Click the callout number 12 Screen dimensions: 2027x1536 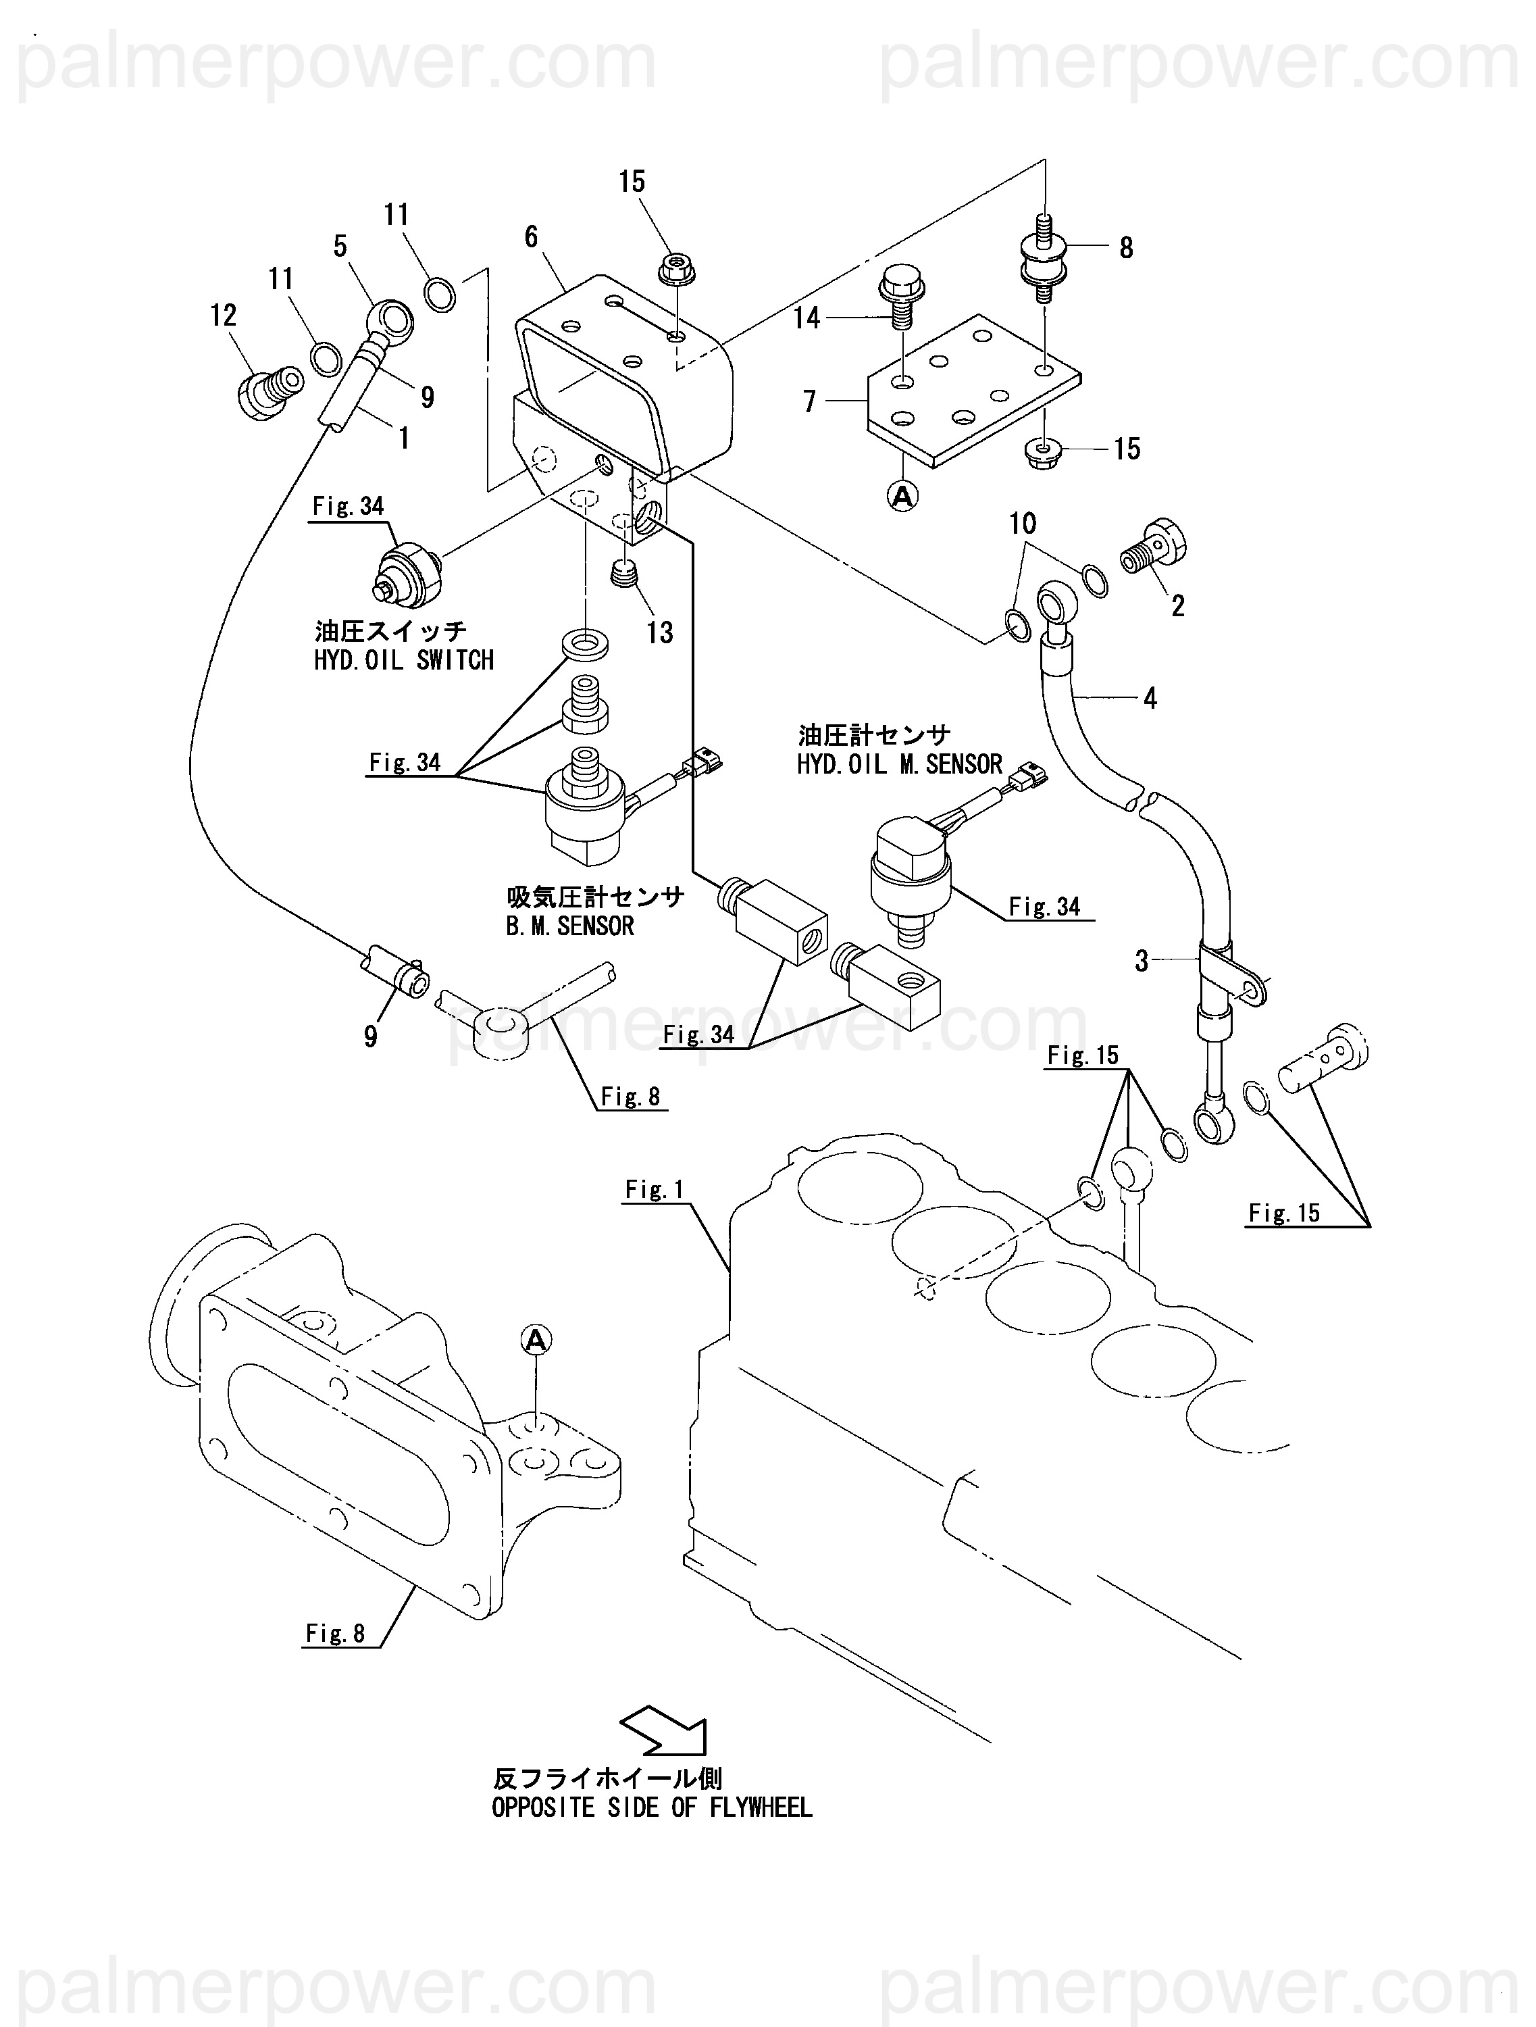coord(224,316)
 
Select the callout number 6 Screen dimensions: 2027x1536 coord(531,237)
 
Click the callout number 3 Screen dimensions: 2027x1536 coord(1142,961)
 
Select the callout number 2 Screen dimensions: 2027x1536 coord(1178,605)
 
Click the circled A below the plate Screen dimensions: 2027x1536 coord(903,496)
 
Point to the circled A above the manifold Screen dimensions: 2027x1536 coord(536,1341)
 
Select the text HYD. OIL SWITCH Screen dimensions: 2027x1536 coord(404,659)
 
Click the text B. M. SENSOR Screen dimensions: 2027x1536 coord(569,926)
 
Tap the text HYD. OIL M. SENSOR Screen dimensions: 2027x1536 coord(900,764)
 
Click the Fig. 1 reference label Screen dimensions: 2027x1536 coord(654,1189)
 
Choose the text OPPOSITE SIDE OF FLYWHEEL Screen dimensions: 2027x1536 coord(651,1808)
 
